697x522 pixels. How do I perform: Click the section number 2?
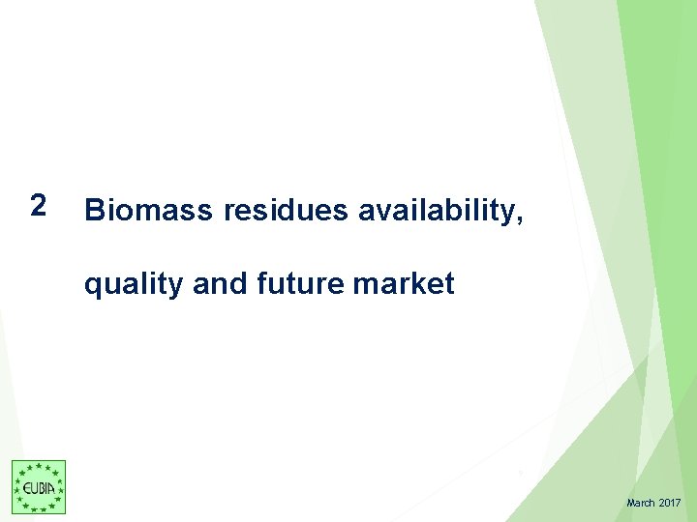(x=37, y=205)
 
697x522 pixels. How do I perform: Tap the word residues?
(x=286, y=210)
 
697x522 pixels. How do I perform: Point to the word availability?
(x=438, y=211)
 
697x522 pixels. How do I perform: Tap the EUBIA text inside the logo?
(x=39, y=488)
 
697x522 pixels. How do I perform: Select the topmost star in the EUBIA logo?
(x=39, y=467)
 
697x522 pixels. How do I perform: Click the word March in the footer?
(x=641, y=504)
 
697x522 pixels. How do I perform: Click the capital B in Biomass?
(x=95, y=210)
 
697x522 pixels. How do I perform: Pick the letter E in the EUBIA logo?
(x=25, y=488)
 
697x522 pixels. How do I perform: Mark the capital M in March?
(x=631, y=504)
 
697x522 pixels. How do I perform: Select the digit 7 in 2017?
(x=679, y=504)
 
